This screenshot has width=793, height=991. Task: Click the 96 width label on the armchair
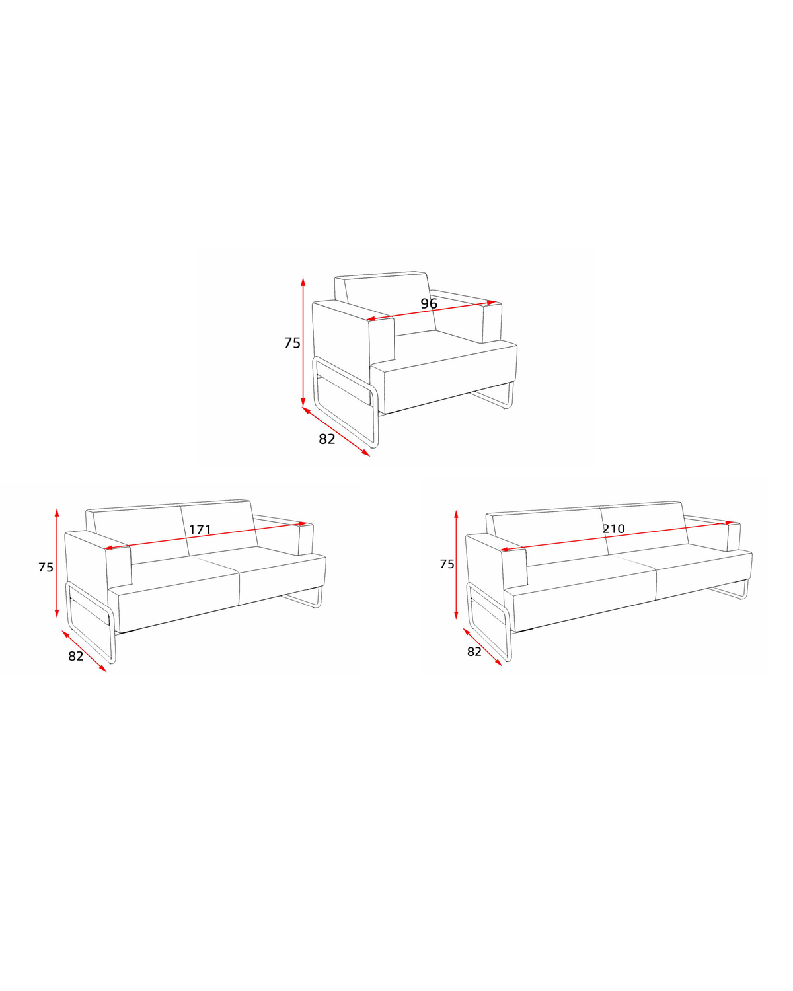click(x=428, y=303)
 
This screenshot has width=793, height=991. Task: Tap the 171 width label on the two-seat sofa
click(x=200, y=530)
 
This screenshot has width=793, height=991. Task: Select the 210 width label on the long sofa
click(x=613, y=529)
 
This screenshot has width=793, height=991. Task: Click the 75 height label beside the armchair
click(x=292, y=343)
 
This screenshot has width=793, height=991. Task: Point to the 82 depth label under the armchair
click(x=326, y=439)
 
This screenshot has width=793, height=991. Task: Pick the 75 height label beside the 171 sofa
click(x=46, y=568)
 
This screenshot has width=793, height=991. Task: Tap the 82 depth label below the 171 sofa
click(x=76, y=656)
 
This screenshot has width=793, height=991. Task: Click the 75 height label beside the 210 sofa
click(x=447, y=564)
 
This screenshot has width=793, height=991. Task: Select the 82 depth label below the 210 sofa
click(x=474, y=651)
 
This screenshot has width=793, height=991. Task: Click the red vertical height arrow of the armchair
click(x=303, y=343)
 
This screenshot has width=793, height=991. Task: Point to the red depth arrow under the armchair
click(x=336, y=431)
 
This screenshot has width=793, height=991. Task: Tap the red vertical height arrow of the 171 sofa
click(x=57, y=563)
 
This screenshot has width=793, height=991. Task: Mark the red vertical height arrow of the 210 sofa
click(x=456, y=565)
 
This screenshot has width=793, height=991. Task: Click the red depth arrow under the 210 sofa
click(x=482, y=647)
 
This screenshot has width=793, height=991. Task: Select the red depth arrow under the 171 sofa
click(x=85, y=651)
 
